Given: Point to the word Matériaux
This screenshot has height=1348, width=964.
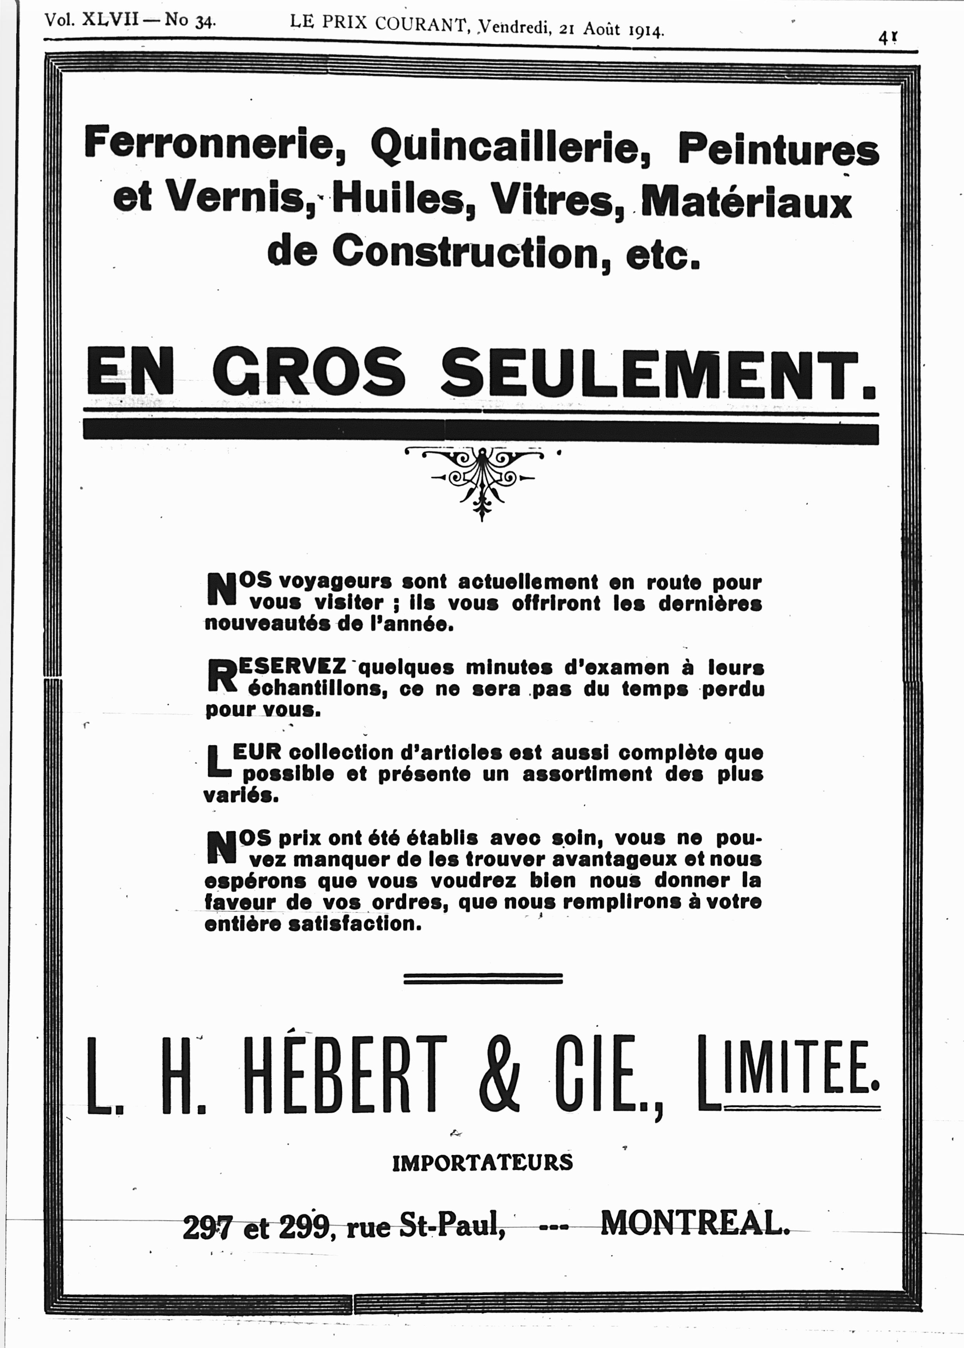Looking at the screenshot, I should click(747, 202).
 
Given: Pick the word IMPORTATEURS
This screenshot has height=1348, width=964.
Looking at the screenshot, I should click(482, 1162).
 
